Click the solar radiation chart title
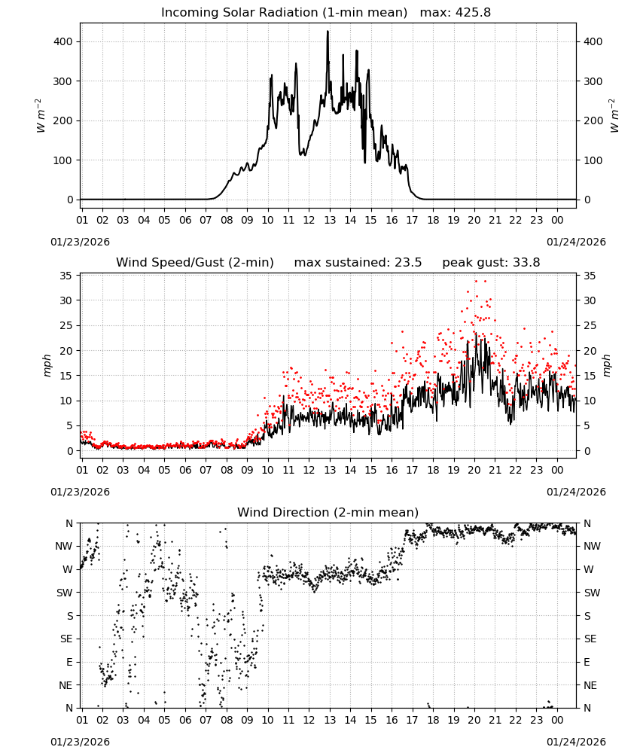tap(326, 13)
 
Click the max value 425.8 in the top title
tap(473, 13)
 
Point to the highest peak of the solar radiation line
tap(328, 32)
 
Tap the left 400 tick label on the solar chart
tap(63, 41)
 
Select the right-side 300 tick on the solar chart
tap(593, 81)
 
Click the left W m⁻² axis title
tap(41, 116)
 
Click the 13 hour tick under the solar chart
tap(330, 220)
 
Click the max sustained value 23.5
tap(408, 263)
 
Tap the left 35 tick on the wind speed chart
tap(66, 276)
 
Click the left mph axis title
tap(47, 365)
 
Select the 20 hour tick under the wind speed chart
tap(474, 470)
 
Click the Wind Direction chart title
tap(328, 512)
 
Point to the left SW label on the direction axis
tap(65, 593)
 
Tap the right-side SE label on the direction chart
tap(590, 639)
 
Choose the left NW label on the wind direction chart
tap(64, 546)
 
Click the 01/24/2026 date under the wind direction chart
tap(576, 742)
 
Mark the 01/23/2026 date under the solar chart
tap(80, 242)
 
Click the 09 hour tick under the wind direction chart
tap(247, 720)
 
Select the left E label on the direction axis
tap(69, 662)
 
